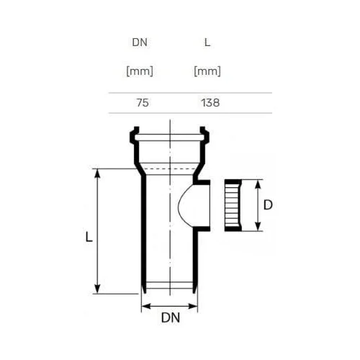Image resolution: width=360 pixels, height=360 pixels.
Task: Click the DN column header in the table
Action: [140, 42]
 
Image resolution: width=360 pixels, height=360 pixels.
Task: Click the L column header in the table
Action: [207, 42]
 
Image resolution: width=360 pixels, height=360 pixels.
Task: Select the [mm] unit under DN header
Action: [140, 71]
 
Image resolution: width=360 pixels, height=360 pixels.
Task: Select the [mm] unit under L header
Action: [207, 71]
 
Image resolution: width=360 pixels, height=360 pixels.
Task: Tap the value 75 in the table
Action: [143, 103]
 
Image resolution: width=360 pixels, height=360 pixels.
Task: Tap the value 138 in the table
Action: [210, 103]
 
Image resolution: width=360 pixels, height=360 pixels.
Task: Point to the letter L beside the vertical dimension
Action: [89, 237]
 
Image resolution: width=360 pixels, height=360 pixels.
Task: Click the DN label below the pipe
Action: [171, 318]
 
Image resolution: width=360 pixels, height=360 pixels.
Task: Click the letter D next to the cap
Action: [268, 205]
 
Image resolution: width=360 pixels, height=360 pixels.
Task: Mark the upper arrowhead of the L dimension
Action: [97, 174]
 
